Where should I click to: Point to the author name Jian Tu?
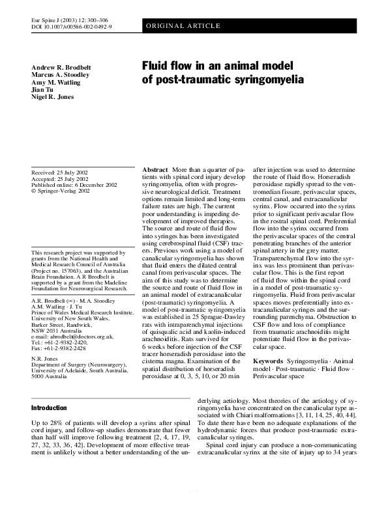(43, 90)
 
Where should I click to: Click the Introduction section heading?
(49, 408)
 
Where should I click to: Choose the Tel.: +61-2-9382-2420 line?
(58, 342)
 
